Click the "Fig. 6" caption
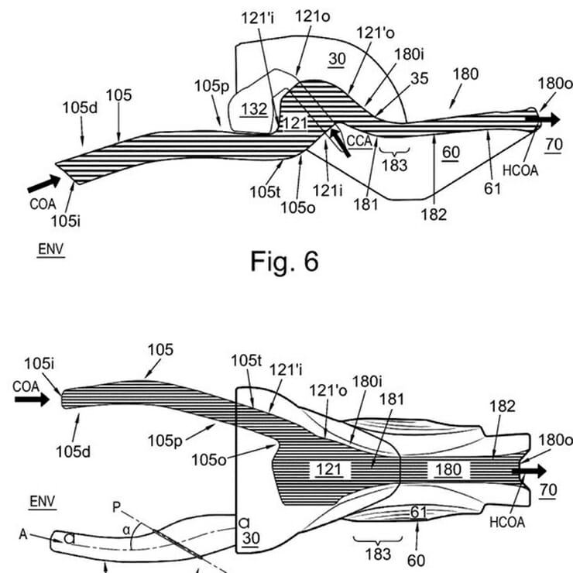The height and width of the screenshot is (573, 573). tap(284, 262)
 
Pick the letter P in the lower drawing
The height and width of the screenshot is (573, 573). tap(117, 509)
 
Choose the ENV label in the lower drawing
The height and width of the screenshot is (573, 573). tap(39, 502)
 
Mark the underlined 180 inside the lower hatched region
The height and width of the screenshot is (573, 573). tap(448, 468)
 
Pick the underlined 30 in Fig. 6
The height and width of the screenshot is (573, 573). tap(336, 59)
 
